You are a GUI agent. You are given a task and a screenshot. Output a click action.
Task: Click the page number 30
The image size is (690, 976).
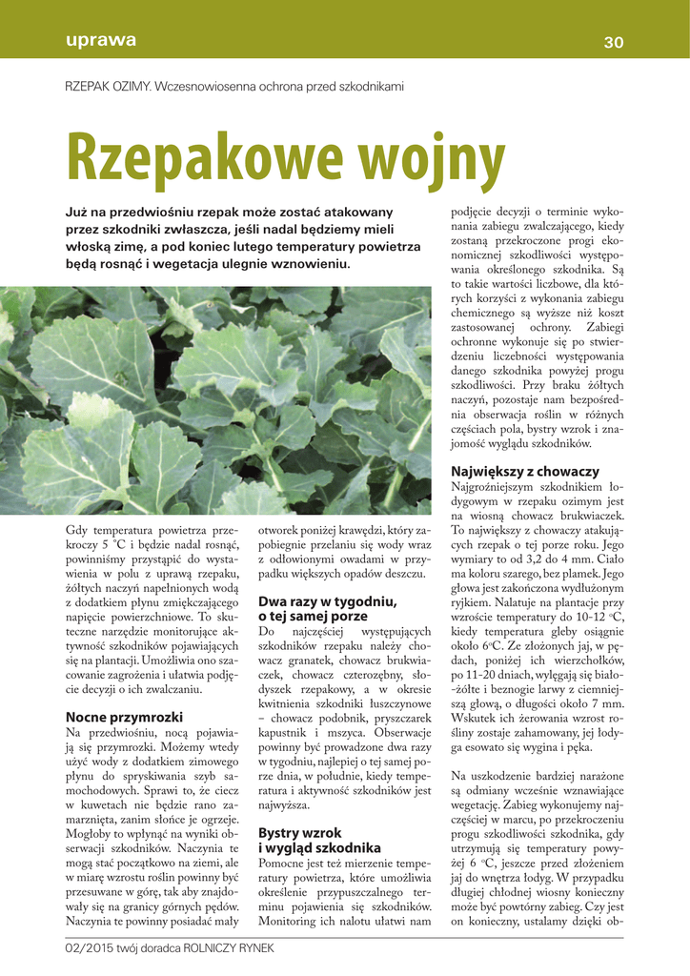pyautogui.click(x=614, y=42)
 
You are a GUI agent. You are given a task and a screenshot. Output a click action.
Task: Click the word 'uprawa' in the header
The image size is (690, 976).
pyautogui.click(x=101, y=41)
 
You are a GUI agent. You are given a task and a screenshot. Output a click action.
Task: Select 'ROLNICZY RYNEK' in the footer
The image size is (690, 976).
pyautogui.click(x=233, y=948)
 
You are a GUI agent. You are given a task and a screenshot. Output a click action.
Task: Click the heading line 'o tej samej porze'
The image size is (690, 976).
pyautogui.click(x=314, y=617)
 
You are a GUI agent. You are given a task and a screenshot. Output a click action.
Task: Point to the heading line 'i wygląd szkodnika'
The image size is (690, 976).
pyautogui.click(x=319, y=847)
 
